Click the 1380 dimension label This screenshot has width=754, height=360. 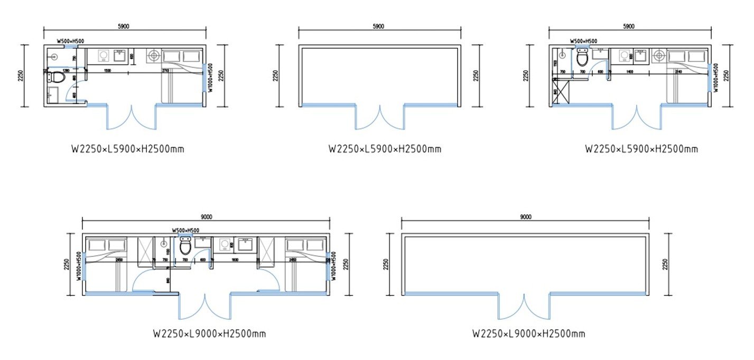66,70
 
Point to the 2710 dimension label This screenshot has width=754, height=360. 165,70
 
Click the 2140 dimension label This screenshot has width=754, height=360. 678,70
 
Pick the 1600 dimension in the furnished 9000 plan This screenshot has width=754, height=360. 235,260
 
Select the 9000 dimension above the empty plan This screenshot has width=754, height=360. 525,217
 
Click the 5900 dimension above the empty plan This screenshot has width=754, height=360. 378,26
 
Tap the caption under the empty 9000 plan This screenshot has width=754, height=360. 528,334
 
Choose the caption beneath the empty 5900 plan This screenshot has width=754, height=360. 385,149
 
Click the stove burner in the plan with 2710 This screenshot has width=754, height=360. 153,55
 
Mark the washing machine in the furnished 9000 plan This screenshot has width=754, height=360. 224,245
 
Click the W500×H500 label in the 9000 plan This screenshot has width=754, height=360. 185,230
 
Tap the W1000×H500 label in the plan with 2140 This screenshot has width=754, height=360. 716,78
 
